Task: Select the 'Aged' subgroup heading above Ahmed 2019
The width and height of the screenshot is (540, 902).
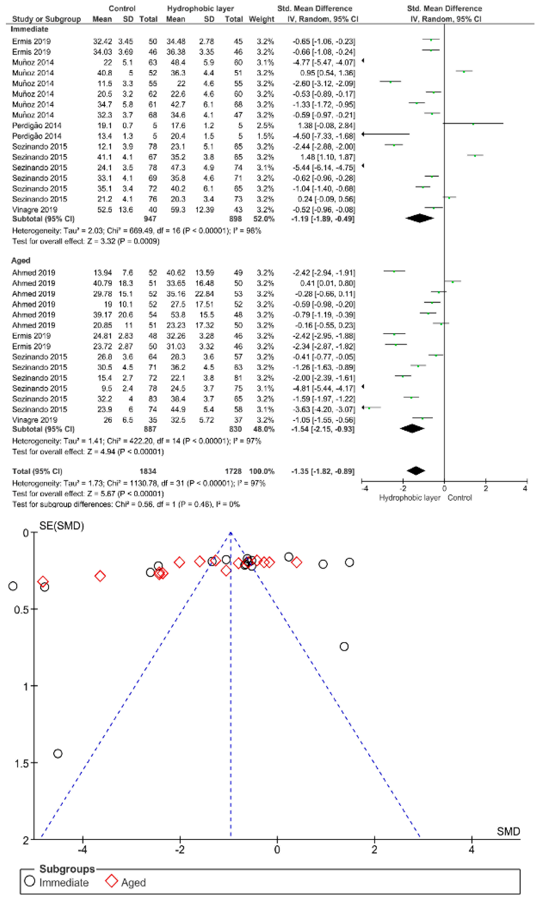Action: (x=21, y=261)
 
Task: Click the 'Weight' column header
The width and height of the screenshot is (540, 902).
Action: (x=261, y=19)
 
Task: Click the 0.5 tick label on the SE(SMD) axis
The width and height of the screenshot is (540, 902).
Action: (x=21, y=610)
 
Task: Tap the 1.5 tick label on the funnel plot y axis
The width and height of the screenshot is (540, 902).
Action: (x=21, y=763)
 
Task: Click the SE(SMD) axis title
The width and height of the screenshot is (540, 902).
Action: (x=61, y=526)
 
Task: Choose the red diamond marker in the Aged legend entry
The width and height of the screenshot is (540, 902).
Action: (x=111, y=881)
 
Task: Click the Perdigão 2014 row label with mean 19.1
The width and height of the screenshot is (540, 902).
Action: (x=37, y=126)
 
